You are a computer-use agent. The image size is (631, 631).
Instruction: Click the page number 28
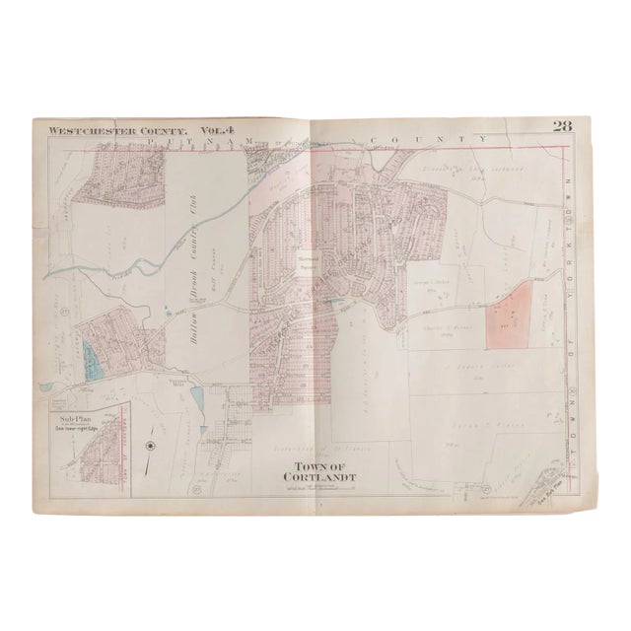coord(561,125)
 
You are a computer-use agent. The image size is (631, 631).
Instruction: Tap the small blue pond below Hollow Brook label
coord(195,398)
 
